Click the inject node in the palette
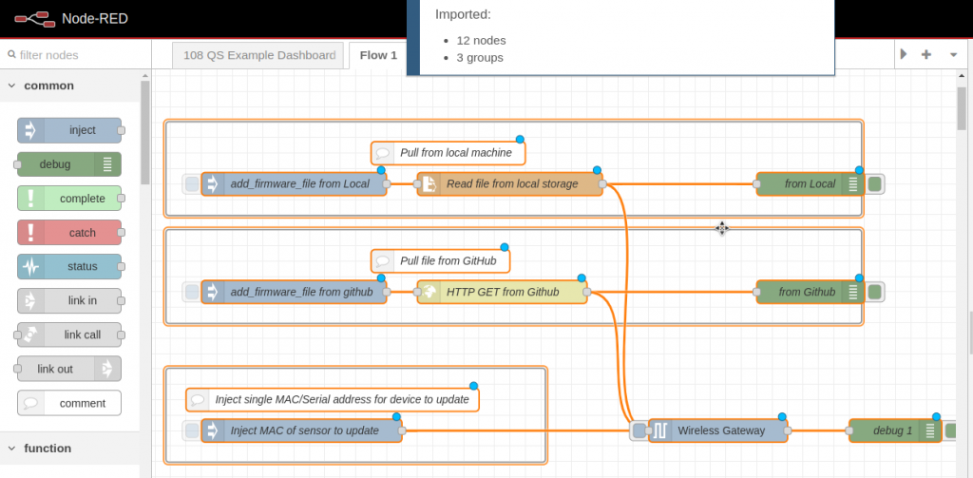tap(69, 130)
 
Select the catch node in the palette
tap(69, 233)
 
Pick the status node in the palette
tap(69, 266)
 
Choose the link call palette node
tap(69, 335)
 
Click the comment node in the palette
tap(69, 403)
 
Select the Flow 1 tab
tap(378, 55)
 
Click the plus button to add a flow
tap(926, 55)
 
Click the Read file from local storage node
tap(510, 184)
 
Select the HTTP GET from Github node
tap(502, 293)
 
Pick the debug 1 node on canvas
tap(892, 431)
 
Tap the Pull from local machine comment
tap(448, 153)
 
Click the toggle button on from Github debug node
tap(875, 293)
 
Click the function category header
tap(48, 449)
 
